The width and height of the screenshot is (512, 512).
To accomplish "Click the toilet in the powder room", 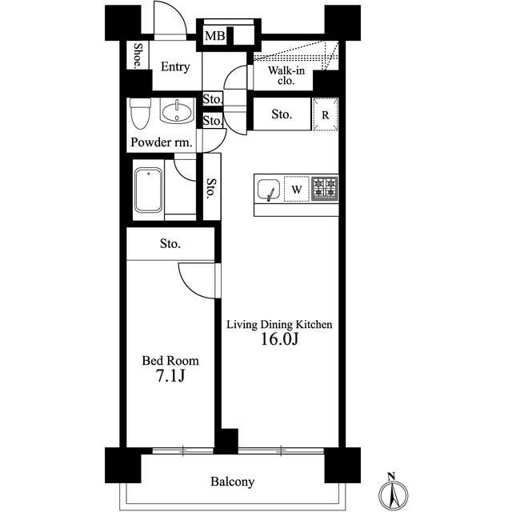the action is (140, 114).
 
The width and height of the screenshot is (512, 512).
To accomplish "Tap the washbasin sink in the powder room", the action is (177, 112).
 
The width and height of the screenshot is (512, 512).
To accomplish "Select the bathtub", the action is (149, 190).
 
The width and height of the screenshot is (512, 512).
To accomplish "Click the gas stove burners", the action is (325, 189).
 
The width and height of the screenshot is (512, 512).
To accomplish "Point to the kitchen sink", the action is (269, 190).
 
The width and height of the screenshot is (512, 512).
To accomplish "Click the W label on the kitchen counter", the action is (297, 190).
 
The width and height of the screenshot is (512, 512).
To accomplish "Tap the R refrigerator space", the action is (326, 114).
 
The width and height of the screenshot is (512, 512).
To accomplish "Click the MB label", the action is (215, 35).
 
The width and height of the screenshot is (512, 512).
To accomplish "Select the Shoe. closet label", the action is (138, 55).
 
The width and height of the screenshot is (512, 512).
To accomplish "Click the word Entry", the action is (175, 66).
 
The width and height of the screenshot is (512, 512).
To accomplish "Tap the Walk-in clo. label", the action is (286, 75).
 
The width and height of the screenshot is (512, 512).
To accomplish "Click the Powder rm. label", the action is (162, 142).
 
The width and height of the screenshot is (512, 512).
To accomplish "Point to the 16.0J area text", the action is (279, 339).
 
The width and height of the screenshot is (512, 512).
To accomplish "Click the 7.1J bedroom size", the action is (170, 375).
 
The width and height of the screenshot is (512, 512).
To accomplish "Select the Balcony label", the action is (233, 482).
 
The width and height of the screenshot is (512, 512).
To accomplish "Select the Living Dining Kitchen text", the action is (279, 325).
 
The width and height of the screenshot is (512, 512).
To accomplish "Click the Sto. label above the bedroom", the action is (170, 243).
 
